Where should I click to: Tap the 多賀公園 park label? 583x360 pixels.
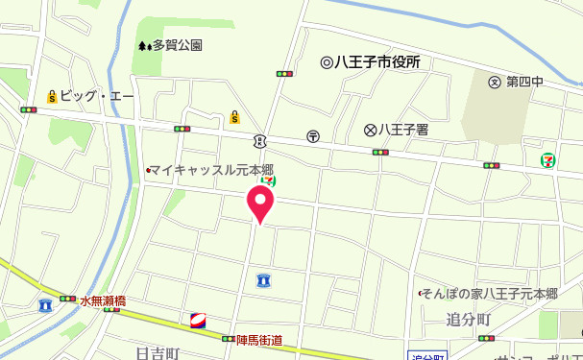pyautogui.click(x=177, y=44)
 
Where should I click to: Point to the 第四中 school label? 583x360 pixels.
pyautogui.click(x=524, y=82)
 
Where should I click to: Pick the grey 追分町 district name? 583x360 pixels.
pyautogui.click(x=469, y=318)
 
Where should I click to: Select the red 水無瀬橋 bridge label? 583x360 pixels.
pyautogui.click(x=104, y=300)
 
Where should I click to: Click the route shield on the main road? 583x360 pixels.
pyautogui.click(x=260, y=141)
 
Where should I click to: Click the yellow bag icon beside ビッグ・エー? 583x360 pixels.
pyautogui.click(x=52, y=96)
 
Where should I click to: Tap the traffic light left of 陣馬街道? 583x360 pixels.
pyautogui.click(x=229, y=339)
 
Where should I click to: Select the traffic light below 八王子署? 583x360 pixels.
pyautogui.click(x=381, y=152)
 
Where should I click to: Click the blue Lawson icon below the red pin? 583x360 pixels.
pyautogui.click(x=263, y=280)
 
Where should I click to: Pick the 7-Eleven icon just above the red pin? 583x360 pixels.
pyautogui.click(x=270, y=179)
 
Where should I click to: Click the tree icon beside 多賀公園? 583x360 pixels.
pyautogui.click(x=143, y=44)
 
